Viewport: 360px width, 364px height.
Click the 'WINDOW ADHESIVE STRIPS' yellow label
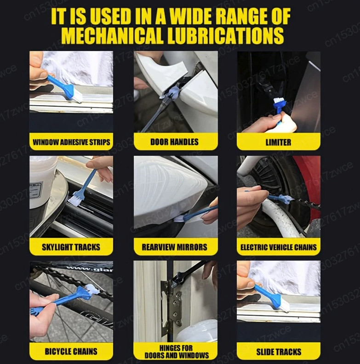[x=71, y=142]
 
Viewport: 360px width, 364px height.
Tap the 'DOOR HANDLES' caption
[x=175, y=142]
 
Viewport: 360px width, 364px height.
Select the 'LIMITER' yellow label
[x=278, y=142]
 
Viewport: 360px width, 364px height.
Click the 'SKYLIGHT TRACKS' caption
[x=71, y=247]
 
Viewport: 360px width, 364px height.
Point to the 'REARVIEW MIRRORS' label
[x=175, y=247]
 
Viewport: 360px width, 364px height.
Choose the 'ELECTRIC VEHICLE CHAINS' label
[x=278, y=247]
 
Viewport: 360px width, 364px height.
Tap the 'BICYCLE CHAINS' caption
[x=71, y=352]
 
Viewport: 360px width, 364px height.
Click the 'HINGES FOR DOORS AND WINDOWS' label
[x=175, y=352]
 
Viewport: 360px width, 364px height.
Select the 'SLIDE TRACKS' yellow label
[x=278, y=352]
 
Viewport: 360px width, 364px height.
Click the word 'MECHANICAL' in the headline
[x=118, y=36]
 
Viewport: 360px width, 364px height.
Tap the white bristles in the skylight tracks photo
[x=74, y=199]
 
